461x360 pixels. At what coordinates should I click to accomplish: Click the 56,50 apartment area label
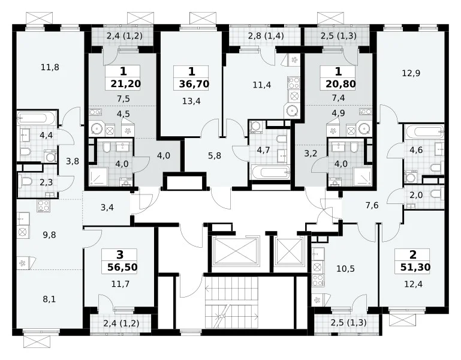click(x=122, y=267)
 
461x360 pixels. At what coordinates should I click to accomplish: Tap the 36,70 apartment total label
click(x=194, y=84)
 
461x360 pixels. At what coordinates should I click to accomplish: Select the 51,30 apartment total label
click(x=415, y=267)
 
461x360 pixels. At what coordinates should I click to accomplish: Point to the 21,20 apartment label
click(x=126, y=84)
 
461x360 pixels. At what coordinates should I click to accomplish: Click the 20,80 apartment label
click(x=341, y=84)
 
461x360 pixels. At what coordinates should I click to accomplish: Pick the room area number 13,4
click(x=191, y=101)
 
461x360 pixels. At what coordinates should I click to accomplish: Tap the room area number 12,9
click(x=411, y=73)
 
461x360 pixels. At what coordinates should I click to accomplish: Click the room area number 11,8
click(x=50, y=67)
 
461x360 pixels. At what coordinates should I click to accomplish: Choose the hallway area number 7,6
click(x=372, y=205)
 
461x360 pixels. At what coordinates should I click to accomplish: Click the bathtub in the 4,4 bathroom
click(x=37, y=118)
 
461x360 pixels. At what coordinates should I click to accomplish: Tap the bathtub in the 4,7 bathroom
click(x=270, y=172)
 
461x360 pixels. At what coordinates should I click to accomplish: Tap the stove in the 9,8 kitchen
click(x=44, y=206)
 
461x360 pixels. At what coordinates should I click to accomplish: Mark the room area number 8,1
click(x=49, y=299)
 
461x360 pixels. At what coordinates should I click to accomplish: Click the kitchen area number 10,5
click(x=345, y=269)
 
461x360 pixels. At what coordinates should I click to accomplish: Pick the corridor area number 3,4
click(x=107, y=208)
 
